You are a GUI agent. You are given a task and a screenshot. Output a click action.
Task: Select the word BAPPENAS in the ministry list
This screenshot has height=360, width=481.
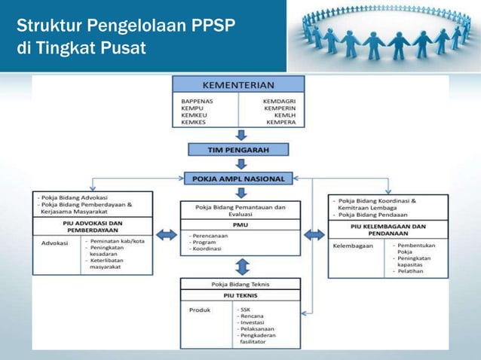coord(197,99)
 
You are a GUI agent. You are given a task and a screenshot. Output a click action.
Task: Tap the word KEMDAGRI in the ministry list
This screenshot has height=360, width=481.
coord(278,99)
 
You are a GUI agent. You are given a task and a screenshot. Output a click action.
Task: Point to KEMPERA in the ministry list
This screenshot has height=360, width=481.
coord(280,121)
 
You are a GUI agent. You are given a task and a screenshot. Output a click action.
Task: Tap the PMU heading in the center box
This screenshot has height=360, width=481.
coord(239,224)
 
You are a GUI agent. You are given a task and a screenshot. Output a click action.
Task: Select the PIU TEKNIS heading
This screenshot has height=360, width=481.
coord(240,295)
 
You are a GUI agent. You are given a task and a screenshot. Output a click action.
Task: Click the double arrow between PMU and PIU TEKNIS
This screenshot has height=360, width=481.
coord(240,266)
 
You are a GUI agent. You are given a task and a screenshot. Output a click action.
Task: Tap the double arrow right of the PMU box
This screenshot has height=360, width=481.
coord(314,235)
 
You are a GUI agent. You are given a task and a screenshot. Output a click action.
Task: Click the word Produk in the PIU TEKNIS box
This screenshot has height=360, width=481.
coord(199,310)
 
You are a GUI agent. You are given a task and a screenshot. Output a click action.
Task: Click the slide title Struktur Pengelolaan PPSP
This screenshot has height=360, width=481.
coord(127,29)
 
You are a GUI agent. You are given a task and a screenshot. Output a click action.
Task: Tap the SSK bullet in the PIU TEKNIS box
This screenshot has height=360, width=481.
coord(246,310)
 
